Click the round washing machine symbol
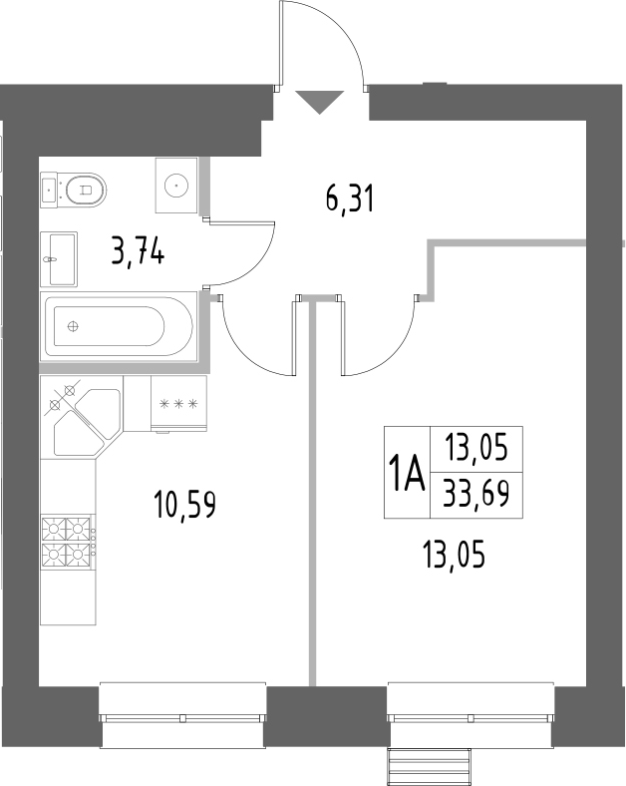click(176, 184)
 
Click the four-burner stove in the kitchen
click(68, 542)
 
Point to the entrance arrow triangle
click(320, 101)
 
